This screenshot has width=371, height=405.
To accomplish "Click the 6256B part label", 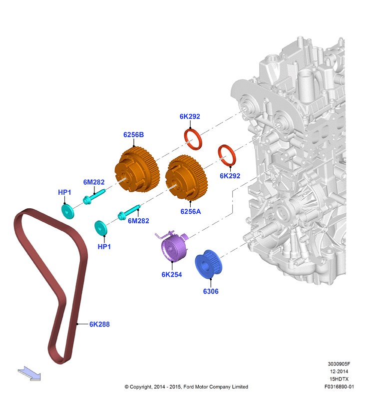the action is [133, 134].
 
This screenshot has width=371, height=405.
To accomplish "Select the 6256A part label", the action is [191, 212].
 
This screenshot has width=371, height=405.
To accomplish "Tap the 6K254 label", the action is [172, 275].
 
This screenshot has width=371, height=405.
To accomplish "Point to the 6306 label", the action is [211, 291].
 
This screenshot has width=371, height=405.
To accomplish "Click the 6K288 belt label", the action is [99, 324].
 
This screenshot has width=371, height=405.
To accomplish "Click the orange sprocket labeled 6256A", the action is [187, 178].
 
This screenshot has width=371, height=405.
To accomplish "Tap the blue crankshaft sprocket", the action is [208, 264].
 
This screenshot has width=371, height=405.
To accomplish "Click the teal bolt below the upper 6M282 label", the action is [94, 197].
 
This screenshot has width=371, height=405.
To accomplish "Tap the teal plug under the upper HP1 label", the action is [68, 211].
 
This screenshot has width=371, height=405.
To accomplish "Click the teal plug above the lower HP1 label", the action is [101, 228].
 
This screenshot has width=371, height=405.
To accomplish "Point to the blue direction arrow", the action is [29, 374].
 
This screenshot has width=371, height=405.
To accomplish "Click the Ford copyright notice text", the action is [186, 387].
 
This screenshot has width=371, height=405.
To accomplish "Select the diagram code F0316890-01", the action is [339, 387].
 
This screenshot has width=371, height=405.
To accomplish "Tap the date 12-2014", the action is [339, 372].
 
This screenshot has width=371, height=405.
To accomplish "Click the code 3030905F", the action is [339, 364].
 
